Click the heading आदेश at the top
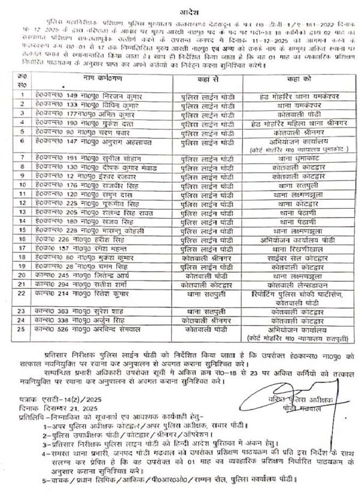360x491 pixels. tap(180, 10)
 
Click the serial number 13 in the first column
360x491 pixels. tap(22, 211)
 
